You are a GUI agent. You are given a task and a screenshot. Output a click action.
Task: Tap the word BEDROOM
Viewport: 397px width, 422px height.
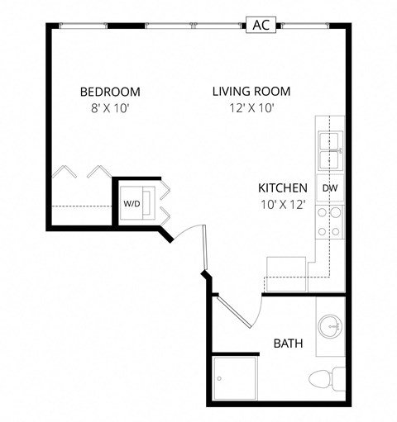click(110, 92)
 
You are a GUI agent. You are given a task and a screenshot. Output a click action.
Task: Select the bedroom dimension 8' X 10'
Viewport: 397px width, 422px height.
click(110, 108)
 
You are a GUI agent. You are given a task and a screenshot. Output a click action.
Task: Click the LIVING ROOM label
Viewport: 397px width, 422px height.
click(251, 92)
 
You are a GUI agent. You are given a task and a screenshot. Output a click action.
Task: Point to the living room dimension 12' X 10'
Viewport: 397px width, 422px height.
click(251, 108)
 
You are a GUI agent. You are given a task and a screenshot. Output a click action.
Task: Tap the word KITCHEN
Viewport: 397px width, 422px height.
click(283, 187)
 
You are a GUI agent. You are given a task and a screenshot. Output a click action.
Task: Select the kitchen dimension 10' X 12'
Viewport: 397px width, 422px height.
click(283, 204)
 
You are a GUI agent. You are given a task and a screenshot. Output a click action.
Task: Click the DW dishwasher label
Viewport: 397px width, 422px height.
click(329, 187)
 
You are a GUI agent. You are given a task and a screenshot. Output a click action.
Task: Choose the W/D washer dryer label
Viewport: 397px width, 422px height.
click(132, 202)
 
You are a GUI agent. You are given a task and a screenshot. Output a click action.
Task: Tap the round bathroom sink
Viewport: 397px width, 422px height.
click(330, 325)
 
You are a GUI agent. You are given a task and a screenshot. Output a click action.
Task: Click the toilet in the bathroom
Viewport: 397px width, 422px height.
click(324, 380)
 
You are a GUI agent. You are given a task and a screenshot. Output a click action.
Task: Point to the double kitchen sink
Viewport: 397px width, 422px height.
click(331, 148)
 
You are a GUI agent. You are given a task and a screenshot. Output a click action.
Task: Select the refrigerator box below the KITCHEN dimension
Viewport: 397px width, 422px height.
click(286, 272)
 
